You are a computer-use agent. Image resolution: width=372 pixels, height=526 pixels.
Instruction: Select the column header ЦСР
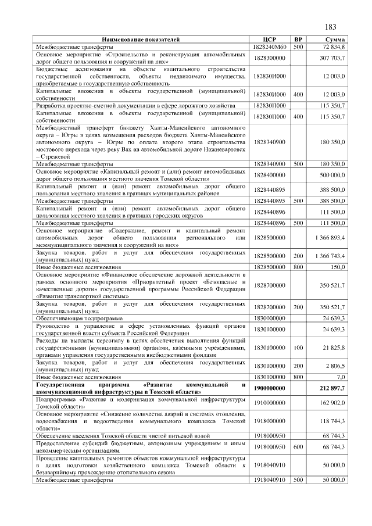point(268,38)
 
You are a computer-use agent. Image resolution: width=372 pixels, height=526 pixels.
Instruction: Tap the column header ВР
point(298,38)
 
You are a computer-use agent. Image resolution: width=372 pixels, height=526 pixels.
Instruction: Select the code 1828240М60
point(268,45)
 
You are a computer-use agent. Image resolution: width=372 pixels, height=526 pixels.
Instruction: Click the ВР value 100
point(298,347)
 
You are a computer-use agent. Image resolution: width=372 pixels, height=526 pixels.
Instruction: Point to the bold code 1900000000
point(268,388)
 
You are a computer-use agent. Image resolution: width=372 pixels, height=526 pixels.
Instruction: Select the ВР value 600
point(298,446)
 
